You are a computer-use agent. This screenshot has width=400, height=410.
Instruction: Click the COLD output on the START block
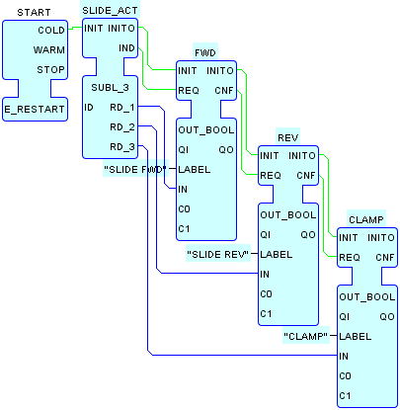click(51, 31)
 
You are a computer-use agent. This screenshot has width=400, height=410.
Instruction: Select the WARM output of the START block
click(49, 50)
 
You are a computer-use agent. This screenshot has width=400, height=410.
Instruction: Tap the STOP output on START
click(50, 70)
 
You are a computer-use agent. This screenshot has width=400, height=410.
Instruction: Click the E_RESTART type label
click(35, 110)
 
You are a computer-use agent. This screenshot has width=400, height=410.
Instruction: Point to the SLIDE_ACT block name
click(110, 11)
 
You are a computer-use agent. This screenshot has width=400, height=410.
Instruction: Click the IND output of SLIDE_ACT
click(126, 48)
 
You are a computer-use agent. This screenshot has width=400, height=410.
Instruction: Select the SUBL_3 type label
click(110, 88)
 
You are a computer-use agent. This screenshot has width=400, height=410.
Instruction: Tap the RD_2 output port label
click(122, 127)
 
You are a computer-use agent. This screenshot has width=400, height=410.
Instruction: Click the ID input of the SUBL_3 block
click(89, 108)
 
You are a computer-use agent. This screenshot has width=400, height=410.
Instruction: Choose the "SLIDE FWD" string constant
click(135, 170)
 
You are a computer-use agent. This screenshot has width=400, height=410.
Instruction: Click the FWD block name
click(205, 53)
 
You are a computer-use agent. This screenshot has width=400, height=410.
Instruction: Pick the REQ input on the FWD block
click(189, 91)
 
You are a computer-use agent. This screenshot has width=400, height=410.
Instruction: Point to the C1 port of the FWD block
click(184, 229)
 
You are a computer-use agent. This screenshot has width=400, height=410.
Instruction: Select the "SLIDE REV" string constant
click(218, 255)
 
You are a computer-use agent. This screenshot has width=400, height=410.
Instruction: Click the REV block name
click(288, 138)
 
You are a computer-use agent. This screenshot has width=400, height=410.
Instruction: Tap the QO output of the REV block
click(308, 235)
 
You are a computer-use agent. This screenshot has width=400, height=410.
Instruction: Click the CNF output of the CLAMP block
click(385, 258)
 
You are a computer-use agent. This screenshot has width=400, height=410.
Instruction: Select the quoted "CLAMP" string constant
click(306, 337)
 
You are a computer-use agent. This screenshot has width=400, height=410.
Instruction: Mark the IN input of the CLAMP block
click(344, 357)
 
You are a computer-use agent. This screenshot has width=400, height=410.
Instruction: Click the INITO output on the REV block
click(302, 156)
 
